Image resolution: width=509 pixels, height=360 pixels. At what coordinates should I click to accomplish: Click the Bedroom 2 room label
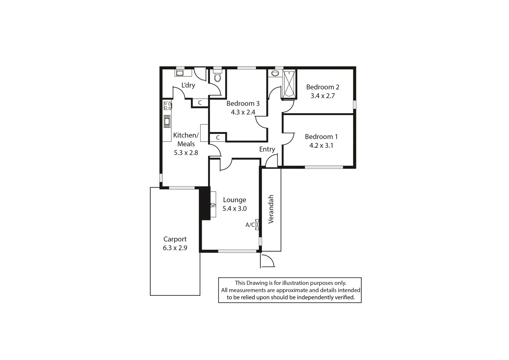click(x=322, y=87)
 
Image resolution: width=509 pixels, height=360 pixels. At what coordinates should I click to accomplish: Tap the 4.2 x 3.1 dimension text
click(x=321, y=145)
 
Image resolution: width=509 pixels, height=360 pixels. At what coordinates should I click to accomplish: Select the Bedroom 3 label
click(x=243, y=103)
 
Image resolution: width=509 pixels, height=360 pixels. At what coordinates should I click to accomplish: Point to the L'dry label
click(x=188, y=85)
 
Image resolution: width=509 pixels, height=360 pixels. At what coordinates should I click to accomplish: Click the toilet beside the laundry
click(x=217, y=76)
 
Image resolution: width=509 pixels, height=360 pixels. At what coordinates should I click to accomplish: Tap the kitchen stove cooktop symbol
click(x=167, y=106)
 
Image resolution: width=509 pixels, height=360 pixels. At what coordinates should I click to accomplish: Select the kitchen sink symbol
click(x=167, y=121)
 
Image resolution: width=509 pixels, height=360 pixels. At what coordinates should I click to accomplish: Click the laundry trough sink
click(x=180, y=73)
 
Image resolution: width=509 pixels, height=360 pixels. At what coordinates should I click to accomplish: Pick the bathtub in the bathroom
click(x=289, y=84)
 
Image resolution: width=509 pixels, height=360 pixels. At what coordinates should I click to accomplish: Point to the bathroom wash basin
click(x=275, y=73)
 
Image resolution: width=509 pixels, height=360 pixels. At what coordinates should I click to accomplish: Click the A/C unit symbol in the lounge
click(x=257, y=224)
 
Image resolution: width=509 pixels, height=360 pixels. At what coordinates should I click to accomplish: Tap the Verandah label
click(x=271, y=209)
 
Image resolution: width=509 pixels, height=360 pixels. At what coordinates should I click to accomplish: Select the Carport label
click(x=175, y=239)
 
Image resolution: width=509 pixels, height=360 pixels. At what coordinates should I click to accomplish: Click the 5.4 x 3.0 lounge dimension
click(x=234, y=209)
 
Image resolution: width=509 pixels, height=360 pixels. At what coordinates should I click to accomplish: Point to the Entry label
click(x=267, y=149)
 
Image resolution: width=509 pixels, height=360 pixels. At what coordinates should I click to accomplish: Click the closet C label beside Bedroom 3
click(x=218, y=137)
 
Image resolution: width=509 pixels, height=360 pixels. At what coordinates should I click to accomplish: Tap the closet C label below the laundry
click(x=200, y=103)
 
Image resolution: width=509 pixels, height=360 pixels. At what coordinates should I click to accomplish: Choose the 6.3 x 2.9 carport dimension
click(x=175, y=248)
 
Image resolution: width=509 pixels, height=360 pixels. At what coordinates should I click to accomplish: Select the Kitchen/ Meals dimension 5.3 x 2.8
click(x=186, y=153)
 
